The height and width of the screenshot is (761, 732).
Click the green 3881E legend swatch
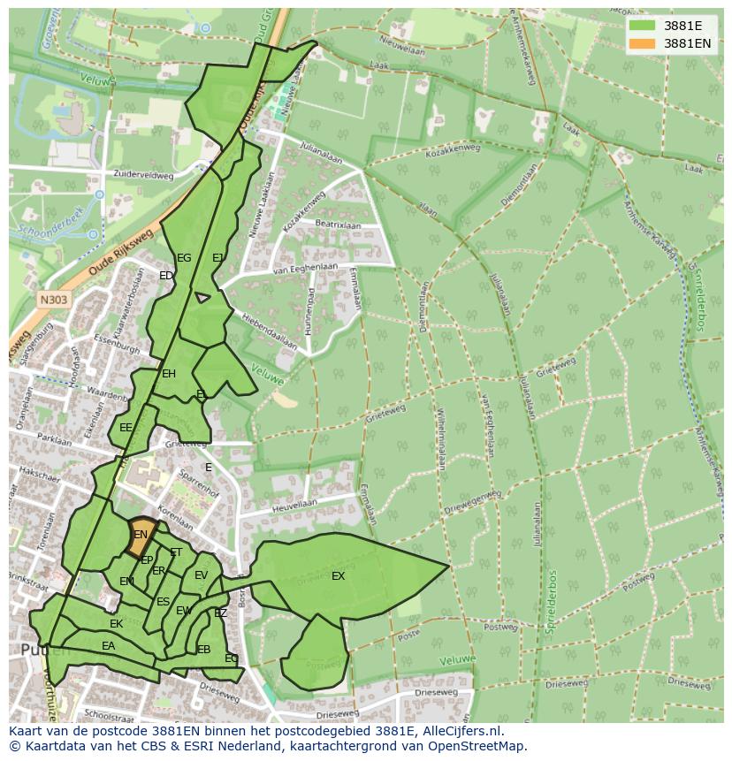tap(643, 26)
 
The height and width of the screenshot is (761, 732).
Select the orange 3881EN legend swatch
tap(643, 43)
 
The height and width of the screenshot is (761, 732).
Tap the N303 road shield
tap(53, 300)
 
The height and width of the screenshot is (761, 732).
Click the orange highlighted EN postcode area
tap(140, 535)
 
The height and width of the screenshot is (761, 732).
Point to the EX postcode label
tap(338, 576)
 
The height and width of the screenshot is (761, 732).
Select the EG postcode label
tap(184, 258)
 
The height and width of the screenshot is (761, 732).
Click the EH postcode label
tap(169, 374)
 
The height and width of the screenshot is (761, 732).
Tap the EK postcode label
tap(116, 624)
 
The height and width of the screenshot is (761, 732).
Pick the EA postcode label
tap(108, 646)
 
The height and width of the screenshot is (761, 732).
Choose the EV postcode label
tap(201, 575)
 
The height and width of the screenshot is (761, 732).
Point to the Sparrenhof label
tap(199, 483)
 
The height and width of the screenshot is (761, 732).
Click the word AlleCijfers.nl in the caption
tap(459, 731)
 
